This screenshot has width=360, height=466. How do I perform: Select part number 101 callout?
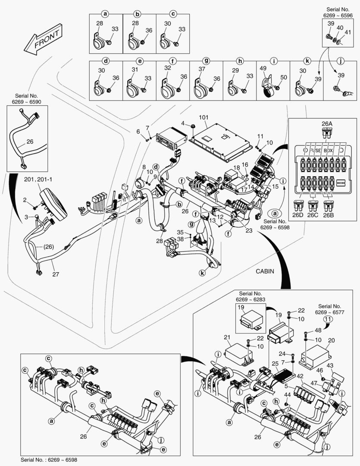pyautogui.click(x=203, y=118)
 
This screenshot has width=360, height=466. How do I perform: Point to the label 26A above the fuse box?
pyautogui.click(x=327, y=123)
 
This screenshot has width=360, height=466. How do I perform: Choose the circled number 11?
pyautogui.click(x=329, y=319)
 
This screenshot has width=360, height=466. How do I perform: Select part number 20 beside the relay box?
pyautogui.click(x=332, y=340)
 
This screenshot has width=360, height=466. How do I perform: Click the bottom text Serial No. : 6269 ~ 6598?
pyautogui.click(x=49, y=460)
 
